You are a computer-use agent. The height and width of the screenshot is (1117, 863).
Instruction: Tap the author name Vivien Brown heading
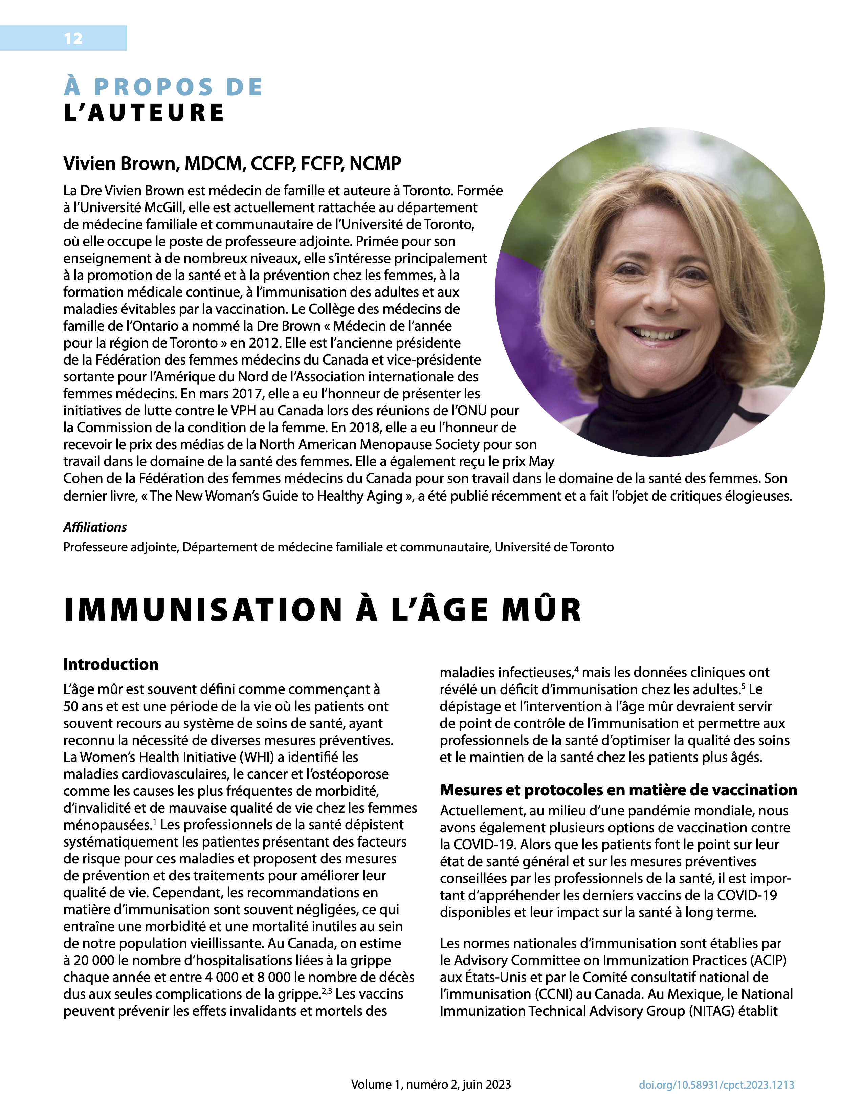point(232,164)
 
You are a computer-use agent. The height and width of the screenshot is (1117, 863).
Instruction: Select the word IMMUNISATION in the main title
point(203,610)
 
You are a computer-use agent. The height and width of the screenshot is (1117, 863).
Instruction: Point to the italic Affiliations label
point(95,527)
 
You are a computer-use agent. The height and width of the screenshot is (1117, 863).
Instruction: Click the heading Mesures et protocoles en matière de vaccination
point(618,790)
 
